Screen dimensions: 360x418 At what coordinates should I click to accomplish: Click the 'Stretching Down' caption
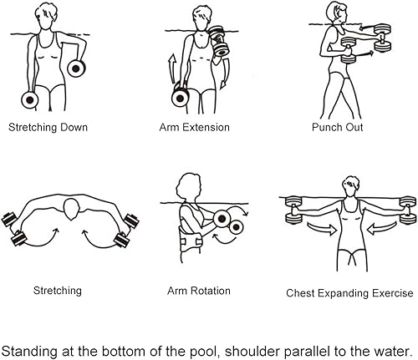pos(48,129)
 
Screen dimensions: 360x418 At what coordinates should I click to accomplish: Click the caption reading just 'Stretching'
pos(58,292)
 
